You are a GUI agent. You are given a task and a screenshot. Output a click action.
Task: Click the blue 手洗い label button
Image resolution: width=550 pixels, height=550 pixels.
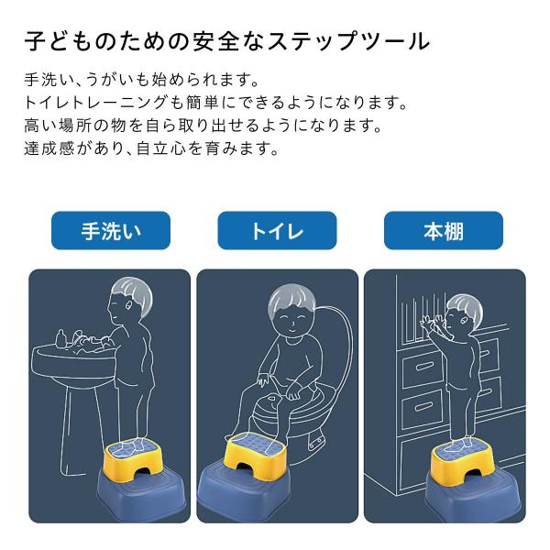111,230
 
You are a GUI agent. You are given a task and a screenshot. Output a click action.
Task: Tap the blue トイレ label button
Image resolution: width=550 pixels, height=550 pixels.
277,230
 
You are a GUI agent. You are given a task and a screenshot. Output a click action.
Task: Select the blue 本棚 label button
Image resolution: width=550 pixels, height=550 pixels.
444,230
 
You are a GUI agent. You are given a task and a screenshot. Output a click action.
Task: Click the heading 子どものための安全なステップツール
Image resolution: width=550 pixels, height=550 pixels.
227,41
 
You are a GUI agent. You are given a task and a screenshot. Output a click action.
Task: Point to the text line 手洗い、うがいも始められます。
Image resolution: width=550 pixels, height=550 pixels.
142,81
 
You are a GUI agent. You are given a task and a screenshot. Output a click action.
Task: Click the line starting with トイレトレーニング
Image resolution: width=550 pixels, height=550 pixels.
216,103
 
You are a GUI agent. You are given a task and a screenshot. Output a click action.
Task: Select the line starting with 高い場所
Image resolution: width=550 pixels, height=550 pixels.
203,126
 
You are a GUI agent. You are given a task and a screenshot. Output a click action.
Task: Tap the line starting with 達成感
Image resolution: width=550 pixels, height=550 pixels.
151,148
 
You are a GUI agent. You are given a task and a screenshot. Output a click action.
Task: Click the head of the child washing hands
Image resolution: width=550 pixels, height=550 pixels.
129,299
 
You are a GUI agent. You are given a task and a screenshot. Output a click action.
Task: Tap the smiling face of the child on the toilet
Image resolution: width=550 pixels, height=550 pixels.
291,320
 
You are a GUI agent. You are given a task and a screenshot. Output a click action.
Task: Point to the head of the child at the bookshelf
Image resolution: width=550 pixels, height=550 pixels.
463,313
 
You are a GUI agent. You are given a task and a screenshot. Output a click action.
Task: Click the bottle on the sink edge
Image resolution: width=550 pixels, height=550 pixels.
61,337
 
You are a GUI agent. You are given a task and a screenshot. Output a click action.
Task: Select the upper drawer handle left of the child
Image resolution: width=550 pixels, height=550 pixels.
423,368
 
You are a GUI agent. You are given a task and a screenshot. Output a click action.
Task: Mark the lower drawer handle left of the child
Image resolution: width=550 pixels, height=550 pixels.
423,407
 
